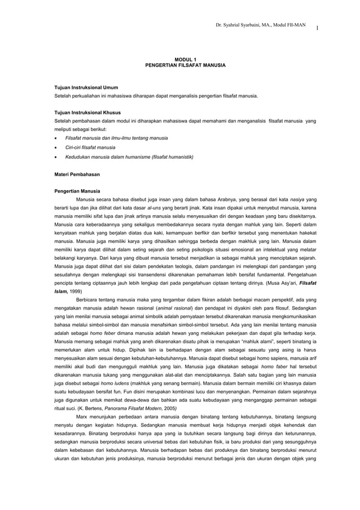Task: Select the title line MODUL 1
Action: (185, 59)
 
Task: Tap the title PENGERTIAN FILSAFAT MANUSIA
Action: (185, 66)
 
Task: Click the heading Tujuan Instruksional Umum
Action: (86, 89)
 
